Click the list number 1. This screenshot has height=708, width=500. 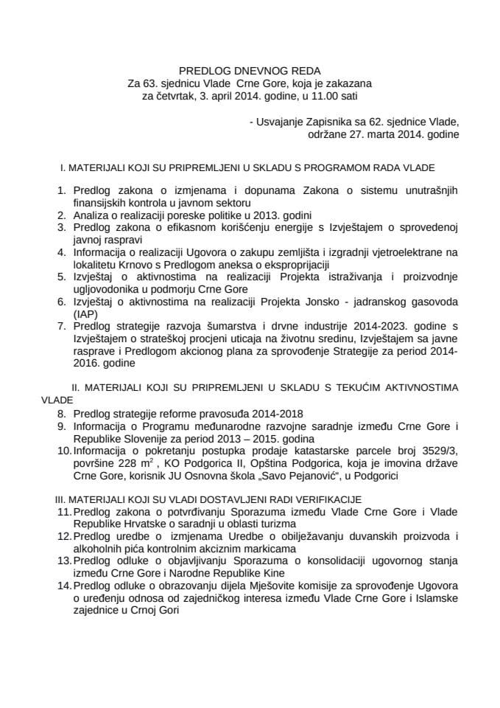coord(61,190)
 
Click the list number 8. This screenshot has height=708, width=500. coord(61,413)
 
